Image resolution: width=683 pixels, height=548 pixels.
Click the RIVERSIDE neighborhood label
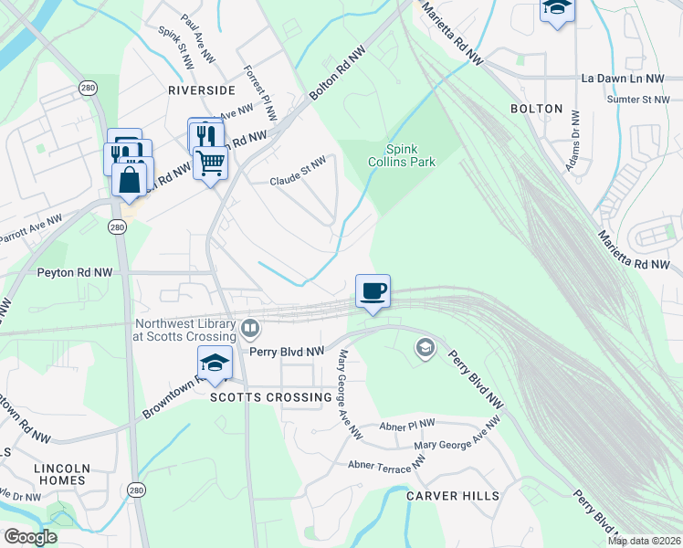(x=202, y=90)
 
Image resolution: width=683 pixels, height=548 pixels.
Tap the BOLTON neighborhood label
(x=537, y=109)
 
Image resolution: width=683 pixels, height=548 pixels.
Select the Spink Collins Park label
(x=402, y=155)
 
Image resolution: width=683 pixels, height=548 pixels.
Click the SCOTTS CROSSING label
(x=271, y=397)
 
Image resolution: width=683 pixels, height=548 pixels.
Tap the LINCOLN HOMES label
(x=59, y=474)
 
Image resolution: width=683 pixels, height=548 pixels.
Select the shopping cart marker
(x=211, y=163)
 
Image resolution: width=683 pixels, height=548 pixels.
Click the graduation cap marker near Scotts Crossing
(x=215, y=363)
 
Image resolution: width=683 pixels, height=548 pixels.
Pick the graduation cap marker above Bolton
(x=556, y=8)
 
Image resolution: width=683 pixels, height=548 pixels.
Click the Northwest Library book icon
(x=249, y=327)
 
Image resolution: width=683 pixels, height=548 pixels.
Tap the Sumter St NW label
(x=638, y=99)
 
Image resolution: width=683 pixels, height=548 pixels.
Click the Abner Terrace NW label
(x=386, y=465)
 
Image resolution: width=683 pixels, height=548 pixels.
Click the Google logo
(x=30, y=537)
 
